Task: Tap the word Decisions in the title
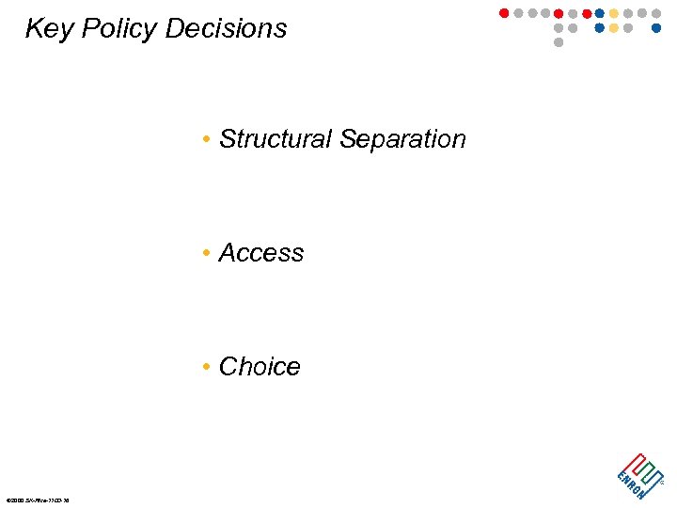click(226, 29)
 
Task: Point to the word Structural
click(276, 139)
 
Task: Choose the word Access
click(261, 253)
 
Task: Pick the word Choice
click(260, 367)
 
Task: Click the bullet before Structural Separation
click(205, 140)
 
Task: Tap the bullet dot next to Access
click(205, 254)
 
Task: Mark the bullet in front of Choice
click(205, 368)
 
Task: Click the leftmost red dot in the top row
click(504, 13)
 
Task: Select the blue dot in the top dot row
click(600, 13)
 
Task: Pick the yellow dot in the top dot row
click(614, 13)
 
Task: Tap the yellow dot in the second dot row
click(614, 28)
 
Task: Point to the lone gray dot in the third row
click(559, 42)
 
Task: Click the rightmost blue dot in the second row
click(656, 28)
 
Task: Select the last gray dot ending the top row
click(656, 13)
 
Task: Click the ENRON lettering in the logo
click(631, 482)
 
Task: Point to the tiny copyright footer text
click(38, 500)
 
